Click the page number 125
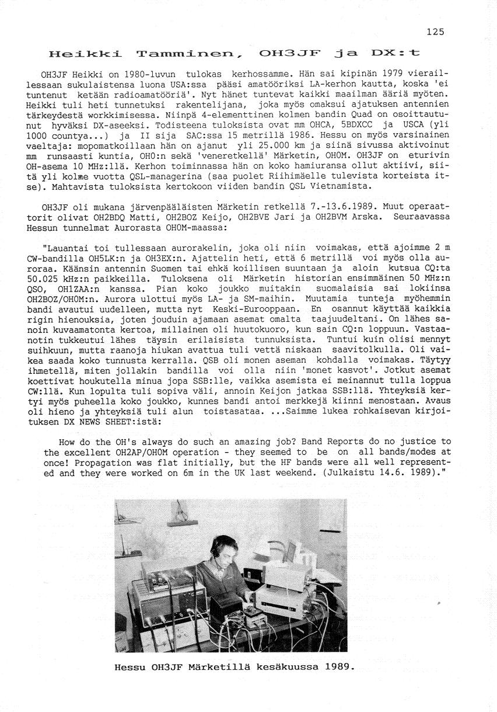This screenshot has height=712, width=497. [435, 32]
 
